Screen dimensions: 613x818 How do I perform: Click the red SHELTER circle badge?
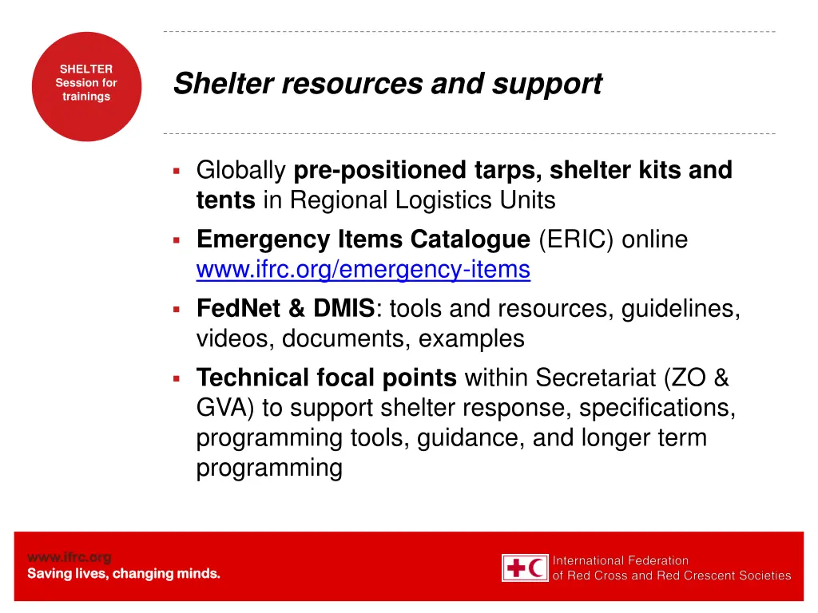[86, 87]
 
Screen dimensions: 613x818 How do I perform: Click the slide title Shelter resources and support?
[387, 83]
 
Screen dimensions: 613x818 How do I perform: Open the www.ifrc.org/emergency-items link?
[363, 271]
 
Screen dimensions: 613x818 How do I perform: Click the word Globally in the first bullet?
[240, 170]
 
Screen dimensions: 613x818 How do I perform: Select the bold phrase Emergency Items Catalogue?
[363, 239]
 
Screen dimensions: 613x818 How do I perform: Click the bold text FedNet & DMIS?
[284, 308]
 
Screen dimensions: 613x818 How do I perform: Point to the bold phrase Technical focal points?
[326, 377]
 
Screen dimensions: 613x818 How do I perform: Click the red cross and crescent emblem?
[525, 568]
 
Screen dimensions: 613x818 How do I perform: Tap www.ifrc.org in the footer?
[69, 557]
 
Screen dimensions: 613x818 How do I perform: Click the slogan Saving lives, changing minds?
[124, 574]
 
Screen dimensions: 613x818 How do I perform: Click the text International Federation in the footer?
[621, 560]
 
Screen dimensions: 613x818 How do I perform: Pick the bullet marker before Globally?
[177, 170]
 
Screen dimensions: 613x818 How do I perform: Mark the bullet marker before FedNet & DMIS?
[177, 308]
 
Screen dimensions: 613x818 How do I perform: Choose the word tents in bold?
[225, 200]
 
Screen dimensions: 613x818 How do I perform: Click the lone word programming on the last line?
[268, 469]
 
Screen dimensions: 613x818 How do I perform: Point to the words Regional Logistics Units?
[423, 200]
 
